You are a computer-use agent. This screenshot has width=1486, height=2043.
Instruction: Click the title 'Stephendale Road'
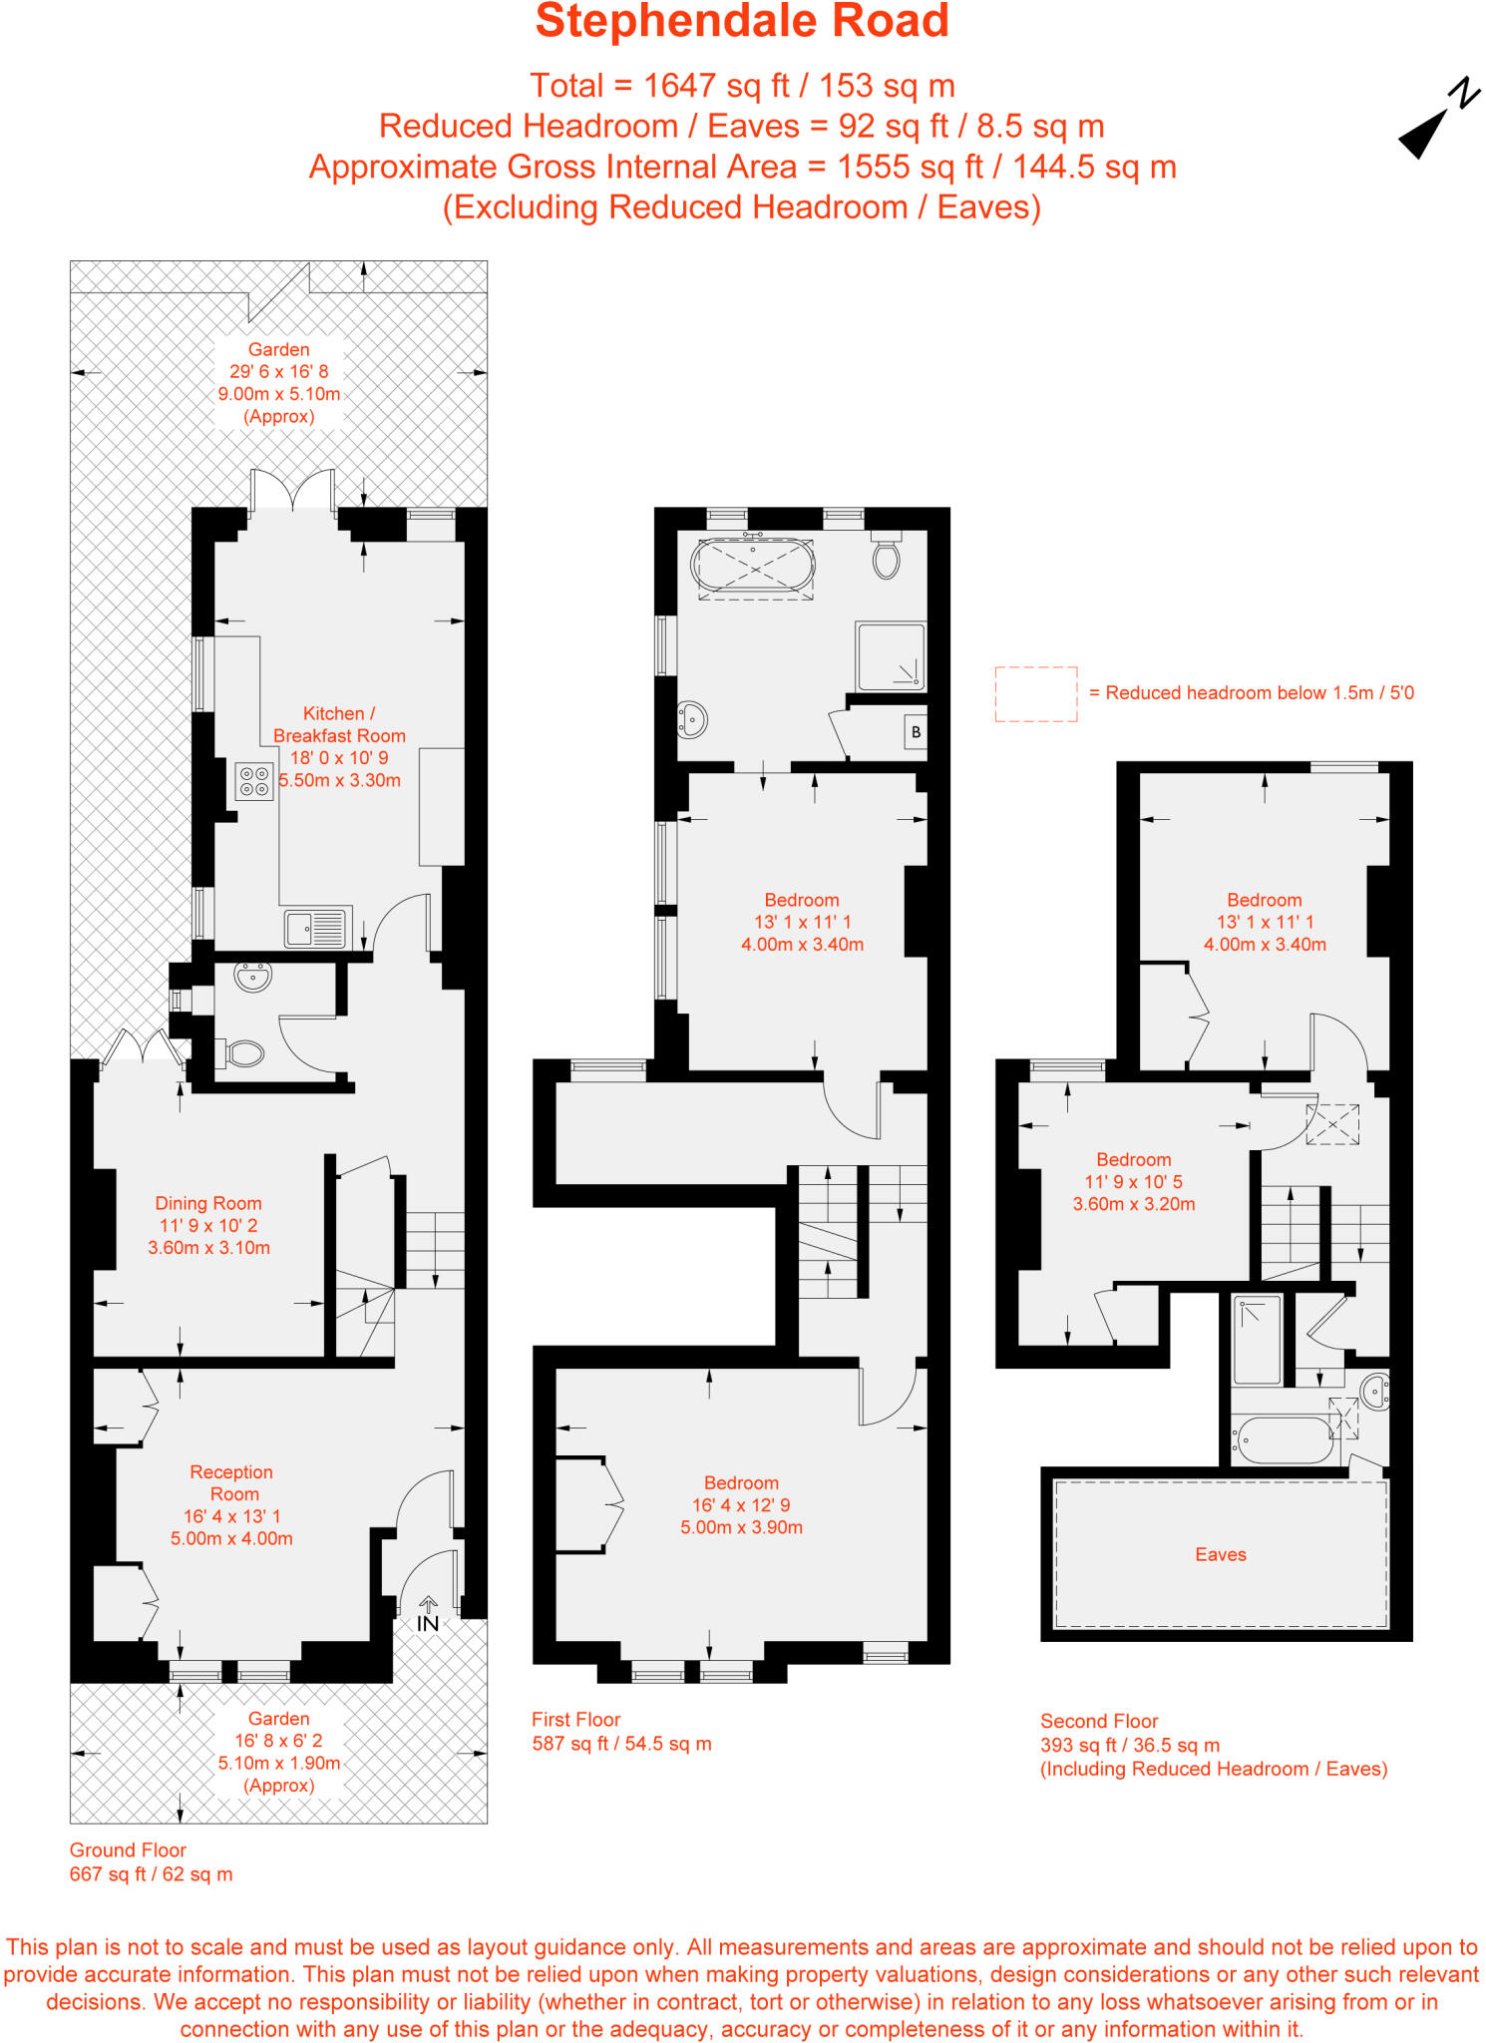[x=742, y=22]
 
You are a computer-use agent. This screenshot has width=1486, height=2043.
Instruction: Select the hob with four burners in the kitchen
[x=254, y=781]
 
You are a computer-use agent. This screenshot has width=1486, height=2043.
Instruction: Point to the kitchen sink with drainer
[x=317, y=929]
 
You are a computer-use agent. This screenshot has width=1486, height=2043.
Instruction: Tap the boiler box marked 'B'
[x=916, y=732]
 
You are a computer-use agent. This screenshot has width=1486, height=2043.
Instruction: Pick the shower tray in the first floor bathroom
[x=891, y=655]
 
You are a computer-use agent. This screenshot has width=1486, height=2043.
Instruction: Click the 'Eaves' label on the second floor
[x=1221, y=1554]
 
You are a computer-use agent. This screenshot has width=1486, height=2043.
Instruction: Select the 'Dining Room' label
[x=208, y=1203]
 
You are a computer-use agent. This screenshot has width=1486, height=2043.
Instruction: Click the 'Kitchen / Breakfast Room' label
[x=339, y=724]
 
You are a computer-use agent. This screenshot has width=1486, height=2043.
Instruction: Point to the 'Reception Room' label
[x=231, y=1482]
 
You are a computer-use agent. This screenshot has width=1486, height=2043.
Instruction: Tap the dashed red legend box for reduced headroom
[x=1036, y=693]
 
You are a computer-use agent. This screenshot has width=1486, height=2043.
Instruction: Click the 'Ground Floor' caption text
[x=128, y=1849]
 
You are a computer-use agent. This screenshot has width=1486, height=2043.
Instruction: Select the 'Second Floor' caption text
[x=1099, y=1721]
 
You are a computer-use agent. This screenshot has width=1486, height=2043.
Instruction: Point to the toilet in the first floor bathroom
[x=886, y=559]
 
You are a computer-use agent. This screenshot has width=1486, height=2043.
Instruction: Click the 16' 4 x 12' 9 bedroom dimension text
[x=741, y=1504]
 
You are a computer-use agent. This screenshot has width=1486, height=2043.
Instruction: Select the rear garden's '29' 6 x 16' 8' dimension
[x=279, y=371]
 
